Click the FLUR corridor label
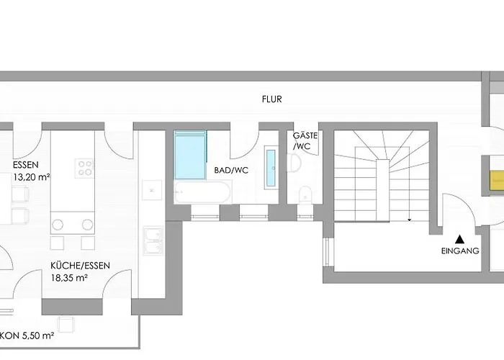(x=272, y=101)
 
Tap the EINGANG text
(x=460, y=251)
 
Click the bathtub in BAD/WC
(x=202, y=192)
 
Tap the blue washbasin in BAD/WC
(x=271, y=168)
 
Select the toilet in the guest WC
(x=304, y=193)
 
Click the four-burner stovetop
(x=86, y=167)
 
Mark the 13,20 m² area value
(x=32, y=176)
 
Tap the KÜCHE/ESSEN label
(x=80, y=265)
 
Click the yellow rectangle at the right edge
(x=496, y=178)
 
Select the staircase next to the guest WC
(x=377, y=176)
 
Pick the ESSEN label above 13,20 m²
(x=27, y=164)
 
